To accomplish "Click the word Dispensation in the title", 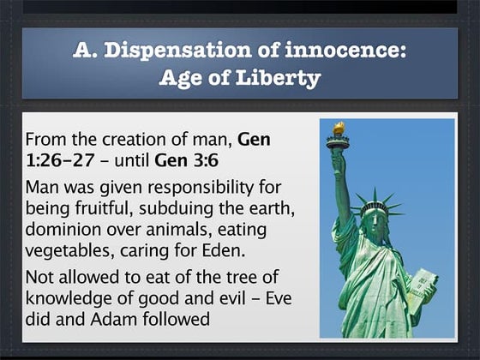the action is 177,51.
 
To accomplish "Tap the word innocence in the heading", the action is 345,50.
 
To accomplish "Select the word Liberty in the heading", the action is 278,78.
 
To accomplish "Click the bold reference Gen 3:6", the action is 187,160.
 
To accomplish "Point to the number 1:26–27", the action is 60,160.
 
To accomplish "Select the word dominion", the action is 63,230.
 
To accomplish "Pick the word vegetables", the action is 68,251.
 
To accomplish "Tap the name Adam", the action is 113,319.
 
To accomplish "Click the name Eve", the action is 279,298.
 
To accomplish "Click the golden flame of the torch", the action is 339,129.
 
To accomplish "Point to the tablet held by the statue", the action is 423,291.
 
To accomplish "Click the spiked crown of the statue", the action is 375,205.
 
